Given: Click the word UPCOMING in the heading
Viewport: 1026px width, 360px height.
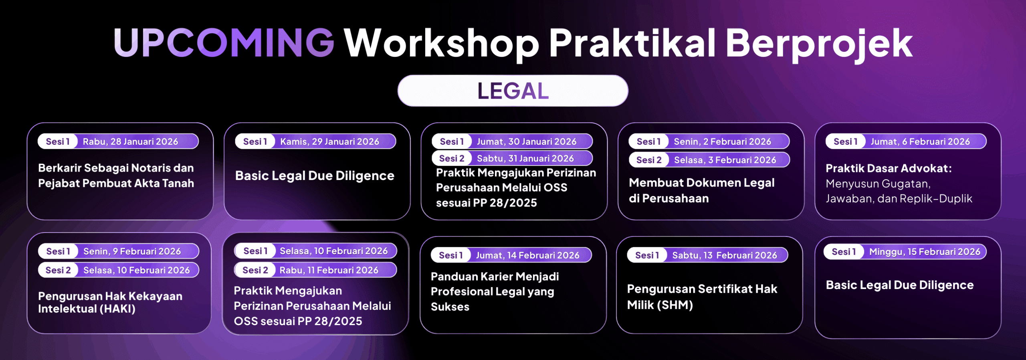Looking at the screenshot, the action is click(x=224, y=42).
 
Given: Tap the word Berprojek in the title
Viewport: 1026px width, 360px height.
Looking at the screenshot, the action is click(x=819, y=44).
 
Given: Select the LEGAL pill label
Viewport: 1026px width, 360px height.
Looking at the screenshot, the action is click(x=513, y=91).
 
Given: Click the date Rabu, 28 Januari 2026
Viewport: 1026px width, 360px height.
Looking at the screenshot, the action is click(x=130, y=142).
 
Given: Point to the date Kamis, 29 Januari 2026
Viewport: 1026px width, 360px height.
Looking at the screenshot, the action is click(x=329, y=142).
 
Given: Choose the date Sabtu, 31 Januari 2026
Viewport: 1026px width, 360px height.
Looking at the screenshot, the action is click(x=525, y=158).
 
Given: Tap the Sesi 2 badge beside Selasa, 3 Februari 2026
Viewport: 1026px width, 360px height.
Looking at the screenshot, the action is click(x=649, y=160).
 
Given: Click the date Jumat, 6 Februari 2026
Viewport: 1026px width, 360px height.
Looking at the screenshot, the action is click(x=920, y=142).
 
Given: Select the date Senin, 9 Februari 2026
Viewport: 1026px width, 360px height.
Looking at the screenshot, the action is click(x=132, y=251).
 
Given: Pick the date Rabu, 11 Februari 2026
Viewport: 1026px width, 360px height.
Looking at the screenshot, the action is click(x=329, y=270).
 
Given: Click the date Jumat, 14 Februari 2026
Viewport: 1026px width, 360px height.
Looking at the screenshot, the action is click(x=527, y=255).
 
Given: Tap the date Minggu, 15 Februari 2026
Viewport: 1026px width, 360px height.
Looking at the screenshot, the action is click(x=925, y=252).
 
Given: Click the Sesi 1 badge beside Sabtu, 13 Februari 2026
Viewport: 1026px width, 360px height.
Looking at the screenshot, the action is click(x=647, y=255).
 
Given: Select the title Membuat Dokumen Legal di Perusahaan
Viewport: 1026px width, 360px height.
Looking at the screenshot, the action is click(x=701, y=190).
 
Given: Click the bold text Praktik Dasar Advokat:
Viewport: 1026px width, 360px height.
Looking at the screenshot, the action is click(x=889, y=168).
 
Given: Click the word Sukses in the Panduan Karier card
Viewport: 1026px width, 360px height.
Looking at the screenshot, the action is click(x=450, y=307).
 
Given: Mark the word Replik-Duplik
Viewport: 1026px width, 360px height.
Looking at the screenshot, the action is click(x=936, y=199).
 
